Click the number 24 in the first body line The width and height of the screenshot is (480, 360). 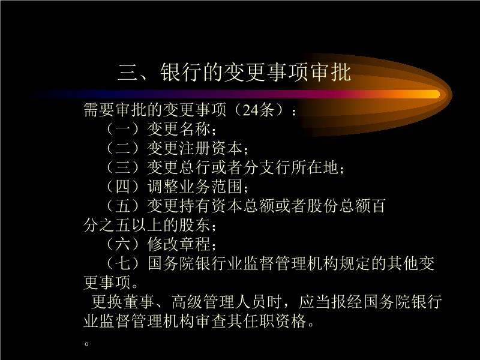250,110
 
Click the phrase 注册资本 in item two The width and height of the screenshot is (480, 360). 211,148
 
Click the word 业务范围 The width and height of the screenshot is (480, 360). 211,187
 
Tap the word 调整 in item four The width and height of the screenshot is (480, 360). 163,187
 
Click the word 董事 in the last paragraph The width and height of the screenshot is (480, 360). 139,302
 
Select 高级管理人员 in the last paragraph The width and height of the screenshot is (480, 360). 218,302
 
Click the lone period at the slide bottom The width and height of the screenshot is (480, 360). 87,343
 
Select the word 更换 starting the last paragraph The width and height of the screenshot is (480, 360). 107,302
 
